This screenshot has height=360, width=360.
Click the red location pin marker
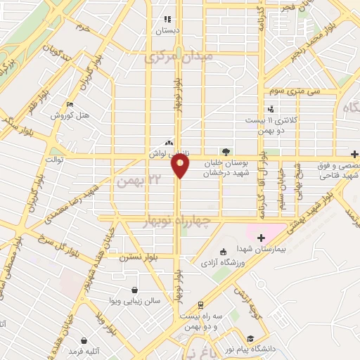click(180, 165)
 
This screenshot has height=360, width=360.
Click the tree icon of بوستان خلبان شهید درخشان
click(225, 151)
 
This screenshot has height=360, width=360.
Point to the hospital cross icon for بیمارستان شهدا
click(262, 238)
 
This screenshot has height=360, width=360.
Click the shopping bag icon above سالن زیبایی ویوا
click(134, 288)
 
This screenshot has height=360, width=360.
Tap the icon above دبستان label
click(167, 20)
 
